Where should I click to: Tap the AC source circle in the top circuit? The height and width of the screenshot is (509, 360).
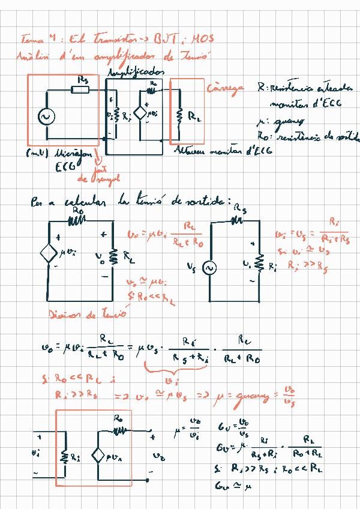point(44,116)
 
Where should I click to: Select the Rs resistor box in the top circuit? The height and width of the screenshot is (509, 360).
point(80,90)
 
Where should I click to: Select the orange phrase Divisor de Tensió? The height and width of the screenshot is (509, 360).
point(88,313)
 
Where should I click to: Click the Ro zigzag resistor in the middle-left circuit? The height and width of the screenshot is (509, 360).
point(77,221)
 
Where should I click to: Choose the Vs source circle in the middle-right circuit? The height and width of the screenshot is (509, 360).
point(210,268)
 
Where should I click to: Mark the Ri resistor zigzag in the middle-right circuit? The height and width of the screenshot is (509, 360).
point(260,263)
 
